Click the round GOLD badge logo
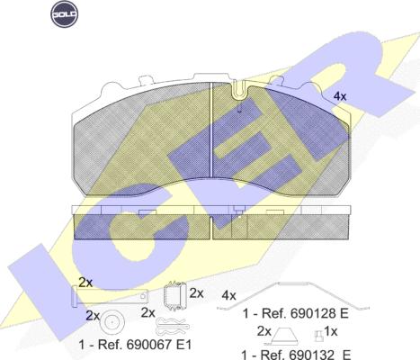65,13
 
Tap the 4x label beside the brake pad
340,96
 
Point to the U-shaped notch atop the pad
240,90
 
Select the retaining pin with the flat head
110,296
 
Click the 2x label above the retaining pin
85,283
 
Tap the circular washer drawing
112,322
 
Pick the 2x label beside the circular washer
93,316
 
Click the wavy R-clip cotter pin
173,327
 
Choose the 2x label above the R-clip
148,313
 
